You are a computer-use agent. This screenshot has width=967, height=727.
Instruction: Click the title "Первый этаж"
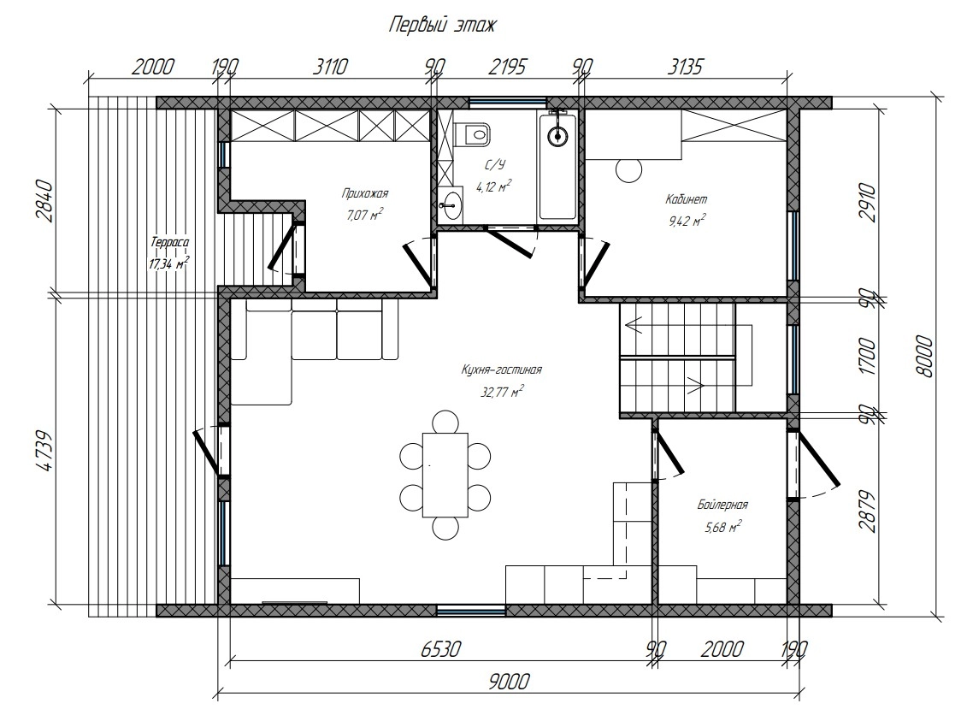(x=441, y=26)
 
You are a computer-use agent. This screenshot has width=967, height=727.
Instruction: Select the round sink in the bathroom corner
(x=450, y=205)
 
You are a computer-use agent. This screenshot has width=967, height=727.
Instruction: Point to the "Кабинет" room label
(x=687, y=199)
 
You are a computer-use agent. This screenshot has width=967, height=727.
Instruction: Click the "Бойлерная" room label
(x=722, y=505)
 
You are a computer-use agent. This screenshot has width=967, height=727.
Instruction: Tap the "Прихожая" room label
(x=365, y=194)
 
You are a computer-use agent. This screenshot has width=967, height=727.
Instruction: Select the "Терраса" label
(x=168, y=243)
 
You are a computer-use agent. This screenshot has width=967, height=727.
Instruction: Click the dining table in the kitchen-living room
(x=445, y=475)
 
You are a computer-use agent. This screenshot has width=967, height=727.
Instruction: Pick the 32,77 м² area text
(x=502, y=391)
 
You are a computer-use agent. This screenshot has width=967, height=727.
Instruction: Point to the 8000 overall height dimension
(x=924, y=356)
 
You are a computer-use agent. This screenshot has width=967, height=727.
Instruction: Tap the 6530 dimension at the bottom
(x=440, y=649)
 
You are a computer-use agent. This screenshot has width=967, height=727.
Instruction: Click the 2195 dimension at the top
(x=507, y=66)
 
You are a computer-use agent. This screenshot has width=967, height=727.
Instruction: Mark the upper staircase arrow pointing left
(x=634, y=325)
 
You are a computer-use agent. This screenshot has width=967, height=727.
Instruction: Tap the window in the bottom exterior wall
(x=471, y=611)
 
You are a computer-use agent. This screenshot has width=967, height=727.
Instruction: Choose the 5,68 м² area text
(x=722, y=527)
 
